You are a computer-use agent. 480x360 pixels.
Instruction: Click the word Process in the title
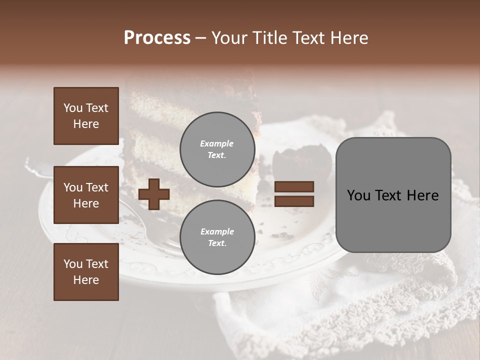[157, 38]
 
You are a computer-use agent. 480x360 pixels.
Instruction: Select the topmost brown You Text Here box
[86, 116]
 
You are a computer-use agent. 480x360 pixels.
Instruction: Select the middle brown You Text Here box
[86, 195]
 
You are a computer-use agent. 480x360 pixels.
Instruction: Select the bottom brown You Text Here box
[86, 271]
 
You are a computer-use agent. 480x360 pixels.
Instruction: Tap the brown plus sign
[154, 194]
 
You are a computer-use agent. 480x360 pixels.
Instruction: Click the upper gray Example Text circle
[217, 149]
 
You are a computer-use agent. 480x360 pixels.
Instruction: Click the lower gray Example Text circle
[217, 237]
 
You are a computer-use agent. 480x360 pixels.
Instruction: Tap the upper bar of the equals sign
[294, 187]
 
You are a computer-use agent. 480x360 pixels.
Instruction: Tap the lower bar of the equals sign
[294, 201]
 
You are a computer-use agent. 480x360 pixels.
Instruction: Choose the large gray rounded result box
[393, 195]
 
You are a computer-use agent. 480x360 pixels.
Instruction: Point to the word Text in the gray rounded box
[392, 195]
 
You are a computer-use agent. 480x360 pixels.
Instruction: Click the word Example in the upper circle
[217, 144]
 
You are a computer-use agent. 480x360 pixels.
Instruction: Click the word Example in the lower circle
[217, 231]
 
